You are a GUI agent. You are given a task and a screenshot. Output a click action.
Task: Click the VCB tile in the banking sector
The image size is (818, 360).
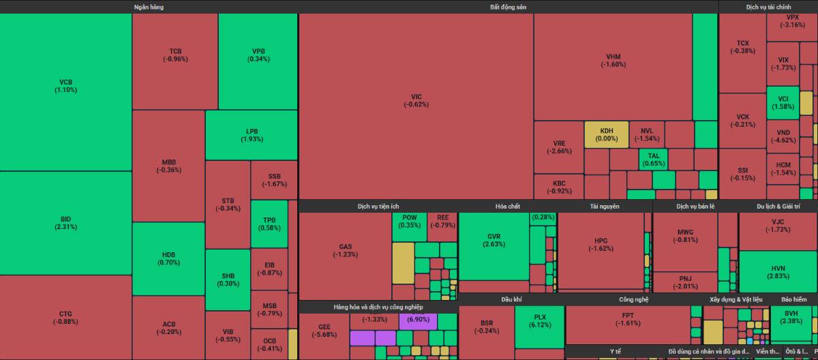pyautogui.click(x=65, y=85)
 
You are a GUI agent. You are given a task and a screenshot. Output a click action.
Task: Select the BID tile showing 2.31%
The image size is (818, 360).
pyautogui.click(x=65, y=222)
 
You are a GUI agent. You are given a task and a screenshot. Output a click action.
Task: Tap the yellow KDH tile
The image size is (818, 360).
pyautogui.click(x=606, y=134)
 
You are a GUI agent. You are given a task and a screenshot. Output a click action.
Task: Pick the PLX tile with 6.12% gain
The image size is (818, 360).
pyautogui.click(x=539, y=321)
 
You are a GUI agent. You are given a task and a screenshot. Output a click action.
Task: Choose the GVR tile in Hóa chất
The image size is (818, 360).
pyautogui.click(x=494, y=240)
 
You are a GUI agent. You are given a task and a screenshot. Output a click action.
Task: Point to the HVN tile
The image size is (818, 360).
pyautogui.click(x=778, y=271)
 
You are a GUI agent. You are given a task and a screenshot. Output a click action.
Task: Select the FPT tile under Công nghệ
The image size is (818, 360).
pyautogui.click(x=627, y=319)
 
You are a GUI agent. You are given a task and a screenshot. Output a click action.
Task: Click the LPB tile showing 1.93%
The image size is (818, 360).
pyautogui.click(x=252, y=135)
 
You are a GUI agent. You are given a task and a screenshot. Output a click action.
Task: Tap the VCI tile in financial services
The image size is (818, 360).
pyautogui.click(x=783, y=102)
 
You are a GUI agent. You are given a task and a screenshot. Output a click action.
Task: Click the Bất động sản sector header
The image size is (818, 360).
pyautogui.click(x=508, y=7)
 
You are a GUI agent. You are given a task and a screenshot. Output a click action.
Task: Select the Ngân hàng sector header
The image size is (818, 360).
pyautogui.click(x=149, y=7)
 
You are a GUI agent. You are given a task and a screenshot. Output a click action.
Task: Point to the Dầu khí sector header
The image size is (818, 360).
pyautogui.click(x=511, y=299)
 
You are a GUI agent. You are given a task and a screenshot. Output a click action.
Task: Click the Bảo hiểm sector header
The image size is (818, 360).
pyautogui.click(x=793, y=299)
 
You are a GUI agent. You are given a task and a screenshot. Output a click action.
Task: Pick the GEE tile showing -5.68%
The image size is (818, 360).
pyautogui.click(x=324, y=331)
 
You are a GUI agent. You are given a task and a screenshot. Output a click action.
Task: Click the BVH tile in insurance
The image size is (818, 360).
pyautogui.click(x=791, y=317)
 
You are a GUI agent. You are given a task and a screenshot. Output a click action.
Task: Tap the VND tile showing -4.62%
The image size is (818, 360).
pyautogui.click(x=783, y=136)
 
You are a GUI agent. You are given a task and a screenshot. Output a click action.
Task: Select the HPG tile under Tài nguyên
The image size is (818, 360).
pyautogui.click(x=601, y=244)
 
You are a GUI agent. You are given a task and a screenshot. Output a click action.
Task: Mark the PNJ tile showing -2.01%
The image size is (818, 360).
pyautogui.click(x=685, y=282)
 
